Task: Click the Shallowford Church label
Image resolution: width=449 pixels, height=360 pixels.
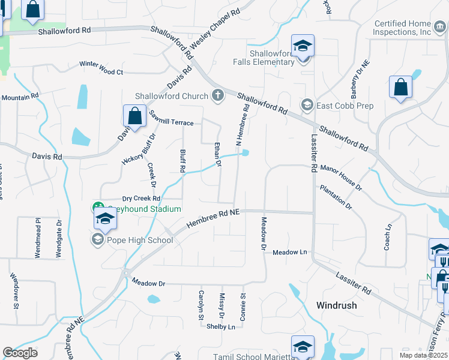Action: coord(171,95)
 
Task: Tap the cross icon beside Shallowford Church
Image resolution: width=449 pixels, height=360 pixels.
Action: coord(217,95)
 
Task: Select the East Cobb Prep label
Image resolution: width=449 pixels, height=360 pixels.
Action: coord(345,106)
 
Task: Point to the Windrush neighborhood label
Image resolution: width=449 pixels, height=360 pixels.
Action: coord(336,305)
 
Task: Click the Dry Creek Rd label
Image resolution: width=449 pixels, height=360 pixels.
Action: coord(141,199)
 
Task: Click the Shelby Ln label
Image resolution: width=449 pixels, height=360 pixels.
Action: coord(220,327)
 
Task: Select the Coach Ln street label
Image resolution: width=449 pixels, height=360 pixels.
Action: coord(388,237)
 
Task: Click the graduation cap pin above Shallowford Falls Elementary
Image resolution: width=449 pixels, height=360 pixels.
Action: coord(303,46)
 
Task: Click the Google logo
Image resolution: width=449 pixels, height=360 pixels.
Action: coord(20,353)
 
